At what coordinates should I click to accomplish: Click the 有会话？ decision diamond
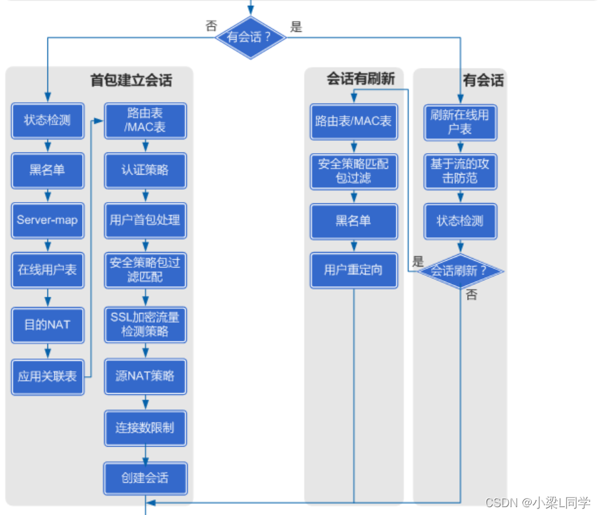(251, 38)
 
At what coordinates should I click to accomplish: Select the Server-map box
(48, 220)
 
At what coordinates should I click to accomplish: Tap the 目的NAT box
(48, 325)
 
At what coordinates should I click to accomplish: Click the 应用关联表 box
(48, 377)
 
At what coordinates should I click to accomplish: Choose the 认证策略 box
(145, 170)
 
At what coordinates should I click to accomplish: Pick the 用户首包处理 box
(145, 220)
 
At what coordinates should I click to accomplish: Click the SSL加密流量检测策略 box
(145, 325)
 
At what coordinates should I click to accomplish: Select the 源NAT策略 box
(145, 376)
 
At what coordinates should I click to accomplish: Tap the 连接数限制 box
(145, 428)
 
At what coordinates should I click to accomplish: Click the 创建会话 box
(145, 478)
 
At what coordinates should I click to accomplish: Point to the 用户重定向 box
(354, 271)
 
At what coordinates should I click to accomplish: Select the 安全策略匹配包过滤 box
(354, 171)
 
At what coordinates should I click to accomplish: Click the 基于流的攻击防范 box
(461, 171)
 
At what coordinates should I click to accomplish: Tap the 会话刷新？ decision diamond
(461, 271)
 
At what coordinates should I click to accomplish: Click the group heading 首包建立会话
(131, 80)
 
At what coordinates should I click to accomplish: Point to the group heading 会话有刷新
(361, 79)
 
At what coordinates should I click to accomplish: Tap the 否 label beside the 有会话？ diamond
(211, 26)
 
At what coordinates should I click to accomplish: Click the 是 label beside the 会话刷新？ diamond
(418, 261)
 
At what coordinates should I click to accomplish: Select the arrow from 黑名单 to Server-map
(48, 196)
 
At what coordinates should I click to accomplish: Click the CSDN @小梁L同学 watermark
(537, 503)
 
